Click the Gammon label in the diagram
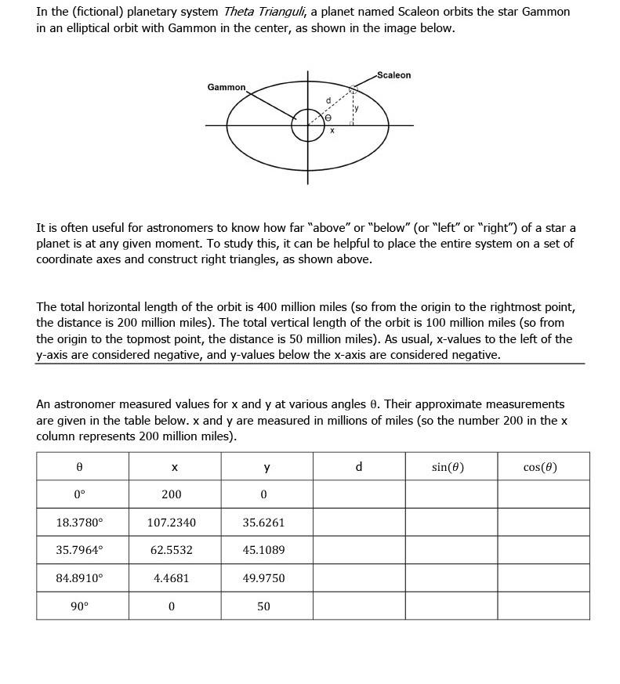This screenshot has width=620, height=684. pyautogui.click(x=226, y=87)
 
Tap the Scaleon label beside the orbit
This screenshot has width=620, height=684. pyautogui.click(x=393, y=75)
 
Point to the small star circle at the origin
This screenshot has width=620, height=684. pyautogui.click(x=307, y=125)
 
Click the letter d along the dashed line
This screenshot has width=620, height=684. pyautogui.click(x=328, y=100)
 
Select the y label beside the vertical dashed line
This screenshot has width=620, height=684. pyautogui.click(x=355, y=109)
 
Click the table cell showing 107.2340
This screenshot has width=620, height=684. pyautogui.click(x=172, y=523)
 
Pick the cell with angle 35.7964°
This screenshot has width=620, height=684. pyautogui.click(x=79, y=550)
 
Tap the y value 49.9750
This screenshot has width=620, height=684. pyautogui.click(x=263, y=578)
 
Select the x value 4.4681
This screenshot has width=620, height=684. pyautogui.click(x=172, y=578)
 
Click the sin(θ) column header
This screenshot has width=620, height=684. pyautogui.click(x=448, y=467)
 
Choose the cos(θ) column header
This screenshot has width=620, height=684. pyautogui.click(x=540, y=467)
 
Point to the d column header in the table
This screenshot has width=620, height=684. pyautogui.click(x=358, y=467)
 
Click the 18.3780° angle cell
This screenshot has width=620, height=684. pyautogui.click(x=79, y=523)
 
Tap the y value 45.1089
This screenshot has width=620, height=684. pyautogui.click(x=263, y=550)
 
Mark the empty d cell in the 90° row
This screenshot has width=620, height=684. pyautogui.click(x=358, y=606)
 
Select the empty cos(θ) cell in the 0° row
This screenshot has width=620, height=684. pyautogui.click(x=543, y=494)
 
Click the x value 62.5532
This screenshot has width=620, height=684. pyautogui.click(x=172, y=550)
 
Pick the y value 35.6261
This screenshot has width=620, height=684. pyautogui.click(x=263, y=523)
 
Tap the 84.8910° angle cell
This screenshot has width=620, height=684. pyautogui.click(x=79, y=578)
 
